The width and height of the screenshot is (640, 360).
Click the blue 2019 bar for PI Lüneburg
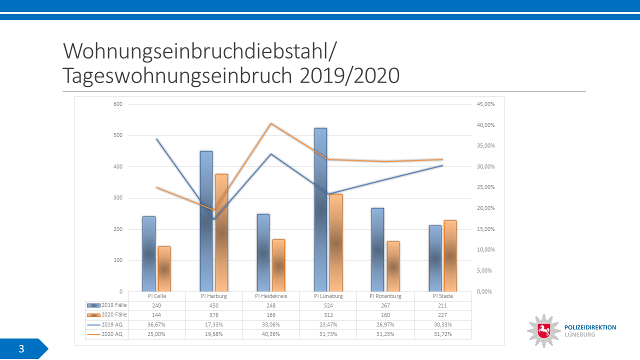(320, 210)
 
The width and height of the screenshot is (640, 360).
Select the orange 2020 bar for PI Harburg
(221, 232)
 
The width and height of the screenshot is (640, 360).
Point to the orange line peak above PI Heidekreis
(270, 123)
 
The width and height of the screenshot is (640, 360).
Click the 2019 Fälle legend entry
(106, 305)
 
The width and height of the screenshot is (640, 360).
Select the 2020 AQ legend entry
(106, 334)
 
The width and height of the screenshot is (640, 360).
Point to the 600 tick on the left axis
(118, 104)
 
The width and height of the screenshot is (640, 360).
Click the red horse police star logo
(543, 330)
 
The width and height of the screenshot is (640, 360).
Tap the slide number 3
(21, 349)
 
